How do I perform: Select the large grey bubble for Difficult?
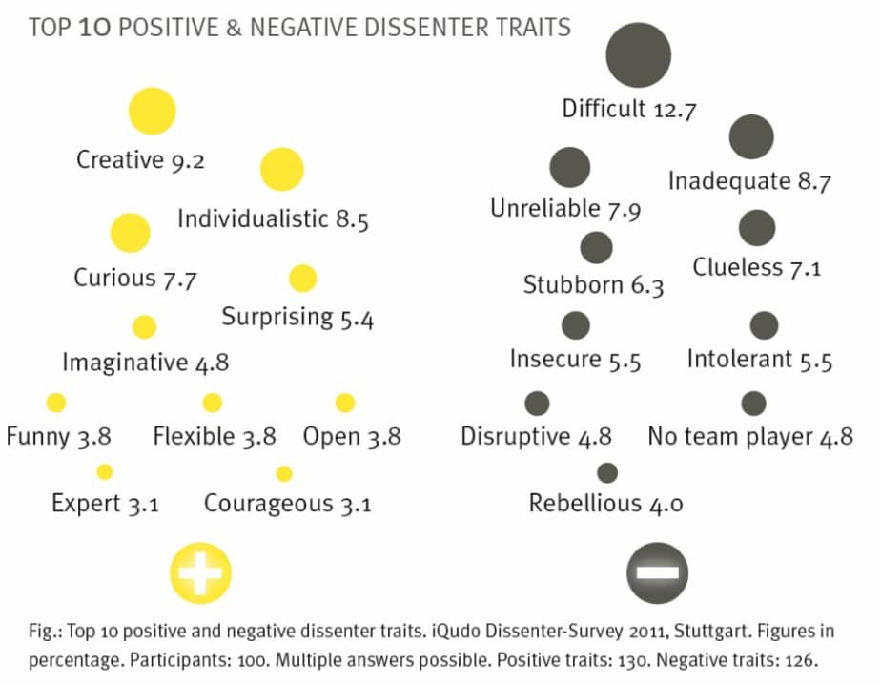pos(638,54)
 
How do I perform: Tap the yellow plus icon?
pos(200,572)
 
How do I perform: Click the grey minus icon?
pos(658,572)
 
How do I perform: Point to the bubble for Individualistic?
pos(281,170)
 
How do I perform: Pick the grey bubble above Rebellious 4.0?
pos(606,472)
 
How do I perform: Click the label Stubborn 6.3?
pos(593,285)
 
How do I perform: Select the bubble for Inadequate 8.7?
pos(751,137)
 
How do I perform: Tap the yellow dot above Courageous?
pos(283,473)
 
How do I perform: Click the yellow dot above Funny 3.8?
pos(56,403)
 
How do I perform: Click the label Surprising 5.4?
pos(297,317)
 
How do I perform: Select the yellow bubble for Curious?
pos(131,233)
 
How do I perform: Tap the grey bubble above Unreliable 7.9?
pos(570,168)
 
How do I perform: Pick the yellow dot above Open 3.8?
pos(345,403)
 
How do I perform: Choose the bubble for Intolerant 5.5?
pos(764,325)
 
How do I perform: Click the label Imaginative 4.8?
pos(145,363)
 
